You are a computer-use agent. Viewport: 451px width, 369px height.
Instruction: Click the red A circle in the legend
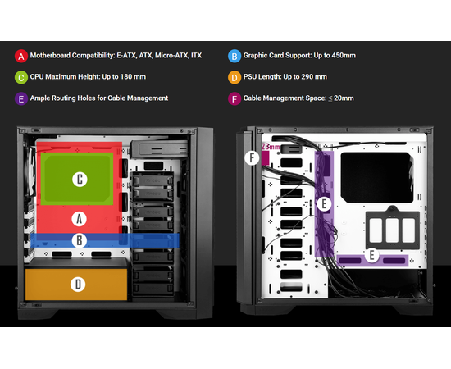[x=21, y=56]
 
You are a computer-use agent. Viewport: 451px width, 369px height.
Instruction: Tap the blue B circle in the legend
[x=235, y=56]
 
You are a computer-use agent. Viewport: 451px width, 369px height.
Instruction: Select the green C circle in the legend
[x=21, y=77]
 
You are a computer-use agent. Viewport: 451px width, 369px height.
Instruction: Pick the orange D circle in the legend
[x=235, y=77]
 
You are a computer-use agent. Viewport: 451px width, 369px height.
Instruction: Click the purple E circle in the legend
[x=21, y=98]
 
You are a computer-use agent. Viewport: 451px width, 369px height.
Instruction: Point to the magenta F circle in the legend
[x=235, y=98]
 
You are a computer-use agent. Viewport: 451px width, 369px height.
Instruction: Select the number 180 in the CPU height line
[x=126, y=77]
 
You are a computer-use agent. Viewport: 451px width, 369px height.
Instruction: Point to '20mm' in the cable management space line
[x=344, y=98]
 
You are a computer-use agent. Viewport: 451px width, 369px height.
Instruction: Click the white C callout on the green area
[x=80, y=180]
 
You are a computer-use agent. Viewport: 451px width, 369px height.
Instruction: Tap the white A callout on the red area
[x=80, y=219]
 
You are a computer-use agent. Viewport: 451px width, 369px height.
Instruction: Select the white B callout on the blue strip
[x=80, y=240]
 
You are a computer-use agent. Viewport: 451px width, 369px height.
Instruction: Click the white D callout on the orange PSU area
[x=78, y=285]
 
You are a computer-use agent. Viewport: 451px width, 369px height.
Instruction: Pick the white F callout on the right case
[x=252, y=158]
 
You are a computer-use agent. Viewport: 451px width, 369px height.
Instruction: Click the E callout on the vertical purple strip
[x=324, y=204]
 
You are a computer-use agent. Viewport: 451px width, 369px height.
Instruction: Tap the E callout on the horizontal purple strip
[x=372, y=255]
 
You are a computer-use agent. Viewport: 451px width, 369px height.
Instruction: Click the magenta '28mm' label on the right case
[x=271, y=147]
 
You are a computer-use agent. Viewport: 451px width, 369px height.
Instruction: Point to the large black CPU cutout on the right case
[x=377, y=177]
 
